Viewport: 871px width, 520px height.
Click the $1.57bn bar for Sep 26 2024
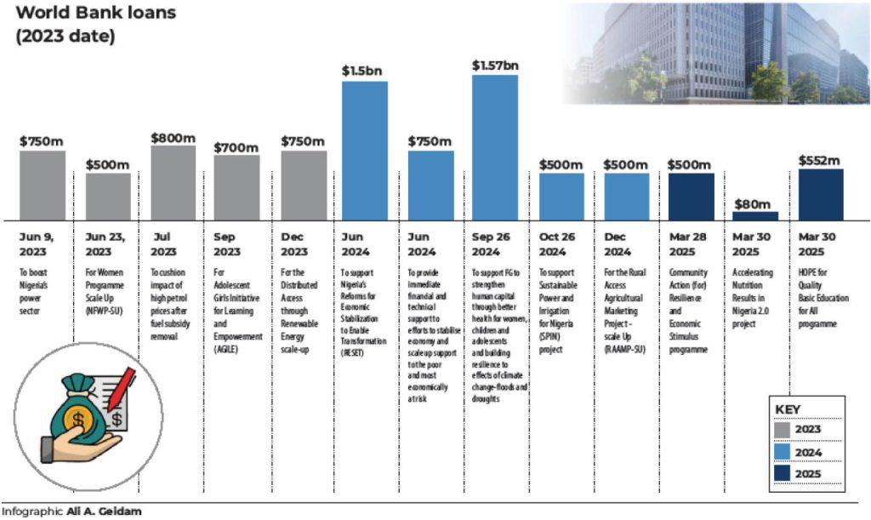click(x=495, y=146)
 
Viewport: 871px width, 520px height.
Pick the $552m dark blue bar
click(x=821, y=193)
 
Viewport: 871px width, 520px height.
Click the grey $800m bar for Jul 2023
click(x=173, y=182)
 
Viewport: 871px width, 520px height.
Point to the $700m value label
click(x=236, y=147)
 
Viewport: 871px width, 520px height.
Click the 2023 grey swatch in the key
click(x=783, y=430)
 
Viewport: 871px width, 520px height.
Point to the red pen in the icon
click(x=121, y=386)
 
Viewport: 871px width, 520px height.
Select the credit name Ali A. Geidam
click(x=104, y=511)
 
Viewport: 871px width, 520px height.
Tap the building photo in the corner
click(x=719, y=51)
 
